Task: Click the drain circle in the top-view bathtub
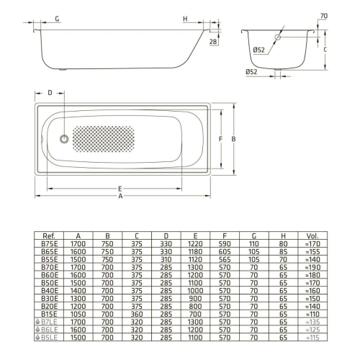tap(64, 139)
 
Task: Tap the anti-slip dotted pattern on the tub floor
tap(104, 139)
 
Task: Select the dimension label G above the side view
tap(57, 19)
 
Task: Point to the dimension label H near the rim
tap(185, 19)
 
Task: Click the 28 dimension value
tap(213, 42)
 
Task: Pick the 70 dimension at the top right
tap(324, 16)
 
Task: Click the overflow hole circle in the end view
tap(278, 37)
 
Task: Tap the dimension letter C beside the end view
tap(325, 50)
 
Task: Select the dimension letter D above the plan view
tap(50, 92)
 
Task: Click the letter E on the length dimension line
tap(120, 189)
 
